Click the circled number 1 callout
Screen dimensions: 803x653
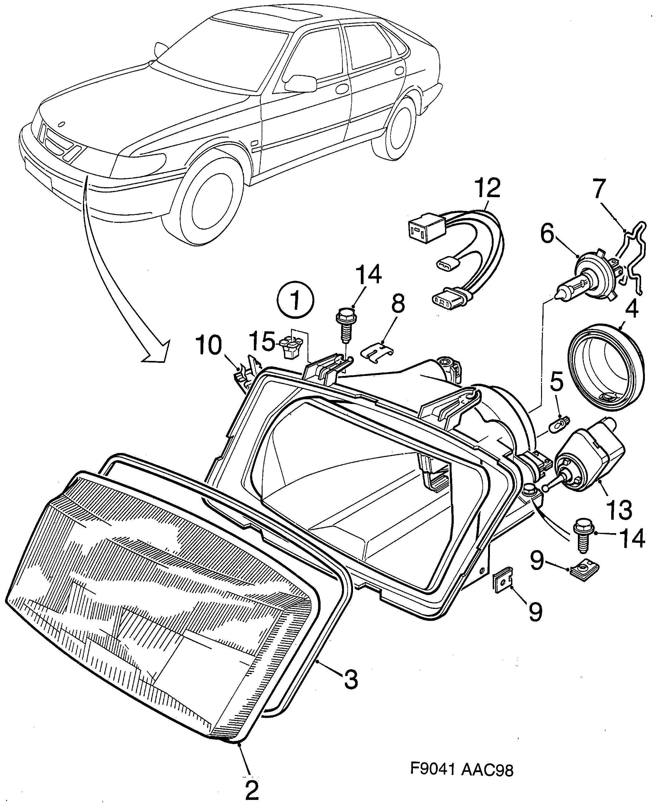point(295,301)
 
